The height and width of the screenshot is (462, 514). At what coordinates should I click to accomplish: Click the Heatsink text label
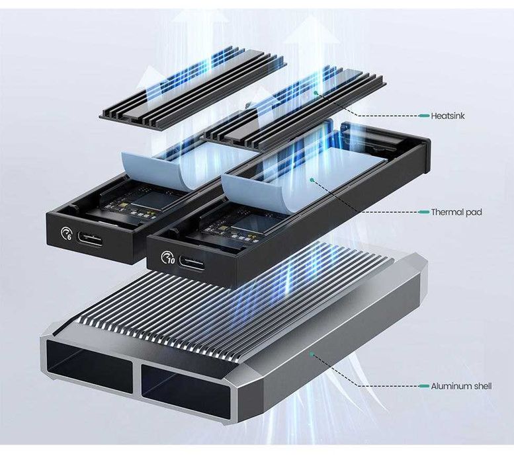click(448, 116)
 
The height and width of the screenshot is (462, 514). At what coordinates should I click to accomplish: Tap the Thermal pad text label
click(456, 212)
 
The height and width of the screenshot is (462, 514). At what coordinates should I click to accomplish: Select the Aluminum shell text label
click(461, 386)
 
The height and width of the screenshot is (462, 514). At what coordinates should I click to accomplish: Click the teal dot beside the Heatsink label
click(423, 116)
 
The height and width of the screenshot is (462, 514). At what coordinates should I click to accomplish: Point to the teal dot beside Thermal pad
click(424, 212)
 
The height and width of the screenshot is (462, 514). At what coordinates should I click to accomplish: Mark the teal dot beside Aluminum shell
click(423, 386)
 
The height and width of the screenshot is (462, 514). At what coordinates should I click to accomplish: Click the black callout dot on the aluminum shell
click(310, 354)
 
